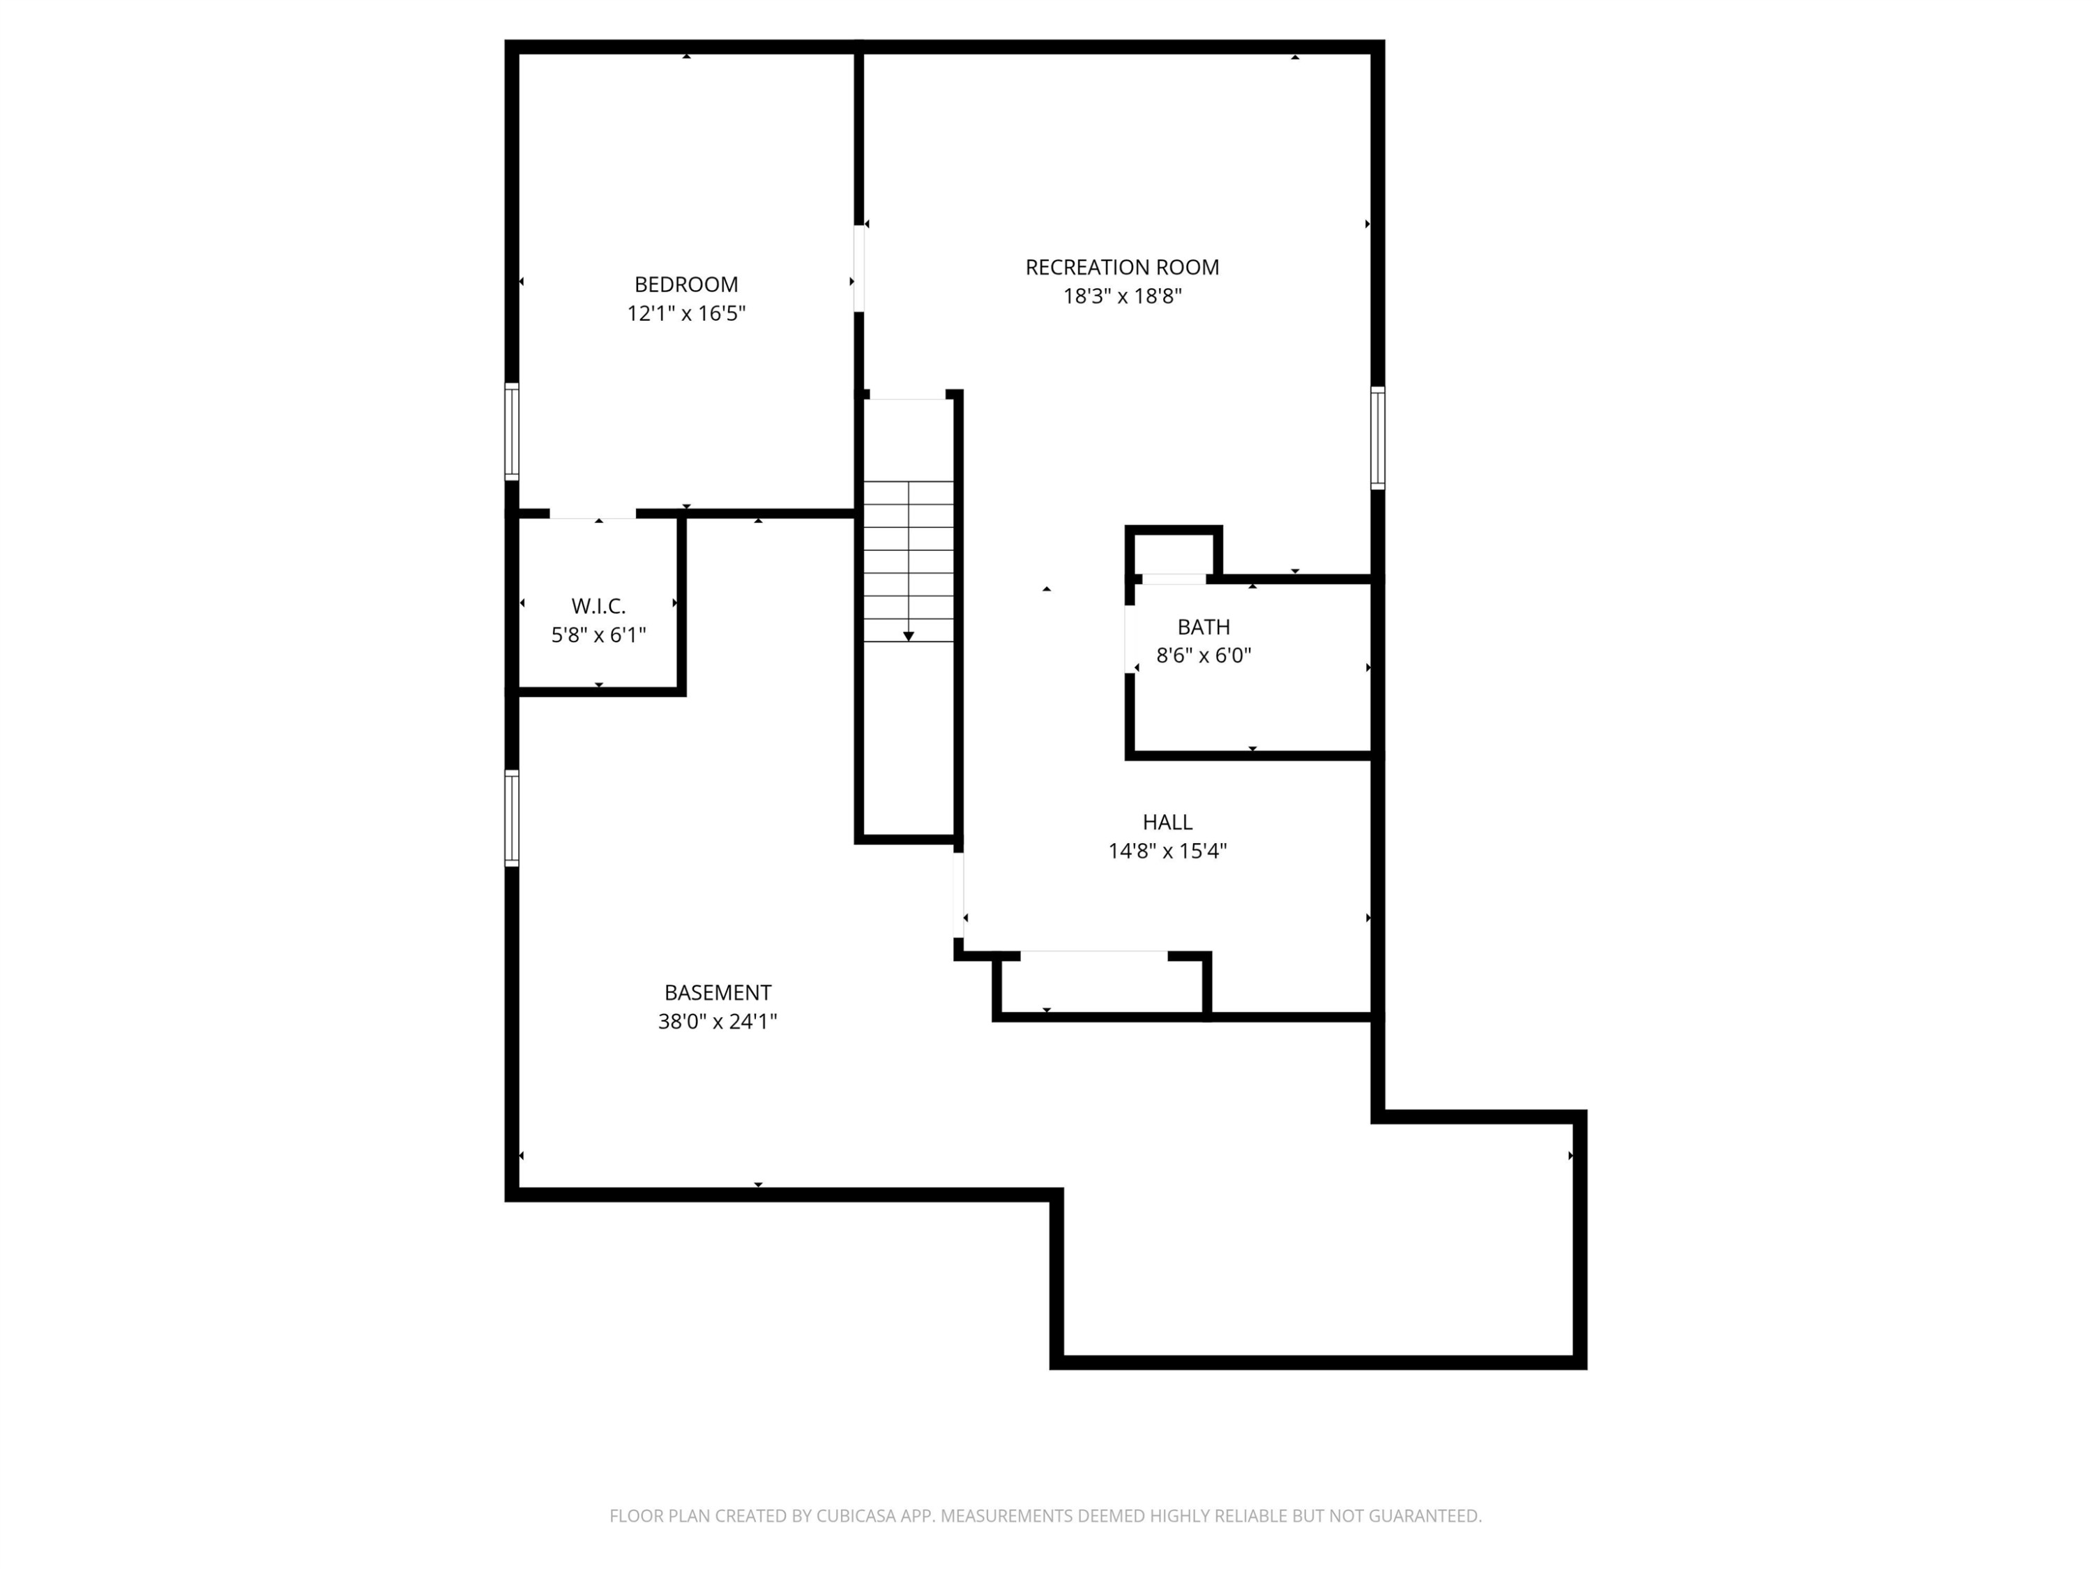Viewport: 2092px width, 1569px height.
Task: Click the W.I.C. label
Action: coord(598,606)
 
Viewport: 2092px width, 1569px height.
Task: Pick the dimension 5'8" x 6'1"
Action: coord(598,635)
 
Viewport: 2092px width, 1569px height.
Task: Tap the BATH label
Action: coord(1203,627)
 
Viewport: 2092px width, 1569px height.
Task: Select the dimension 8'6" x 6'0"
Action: coord(1203,655)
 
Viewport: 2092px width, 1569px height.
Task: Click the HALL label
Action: coord(1167,823)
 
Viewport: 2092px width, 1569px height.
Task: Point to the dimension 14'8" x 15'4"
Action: coord(1167,851)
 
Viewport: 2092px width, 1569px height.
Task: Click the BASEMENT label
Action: coord(717,993)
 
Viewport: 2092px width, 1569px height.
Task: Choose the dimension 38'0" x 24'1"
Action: coord(717,1022)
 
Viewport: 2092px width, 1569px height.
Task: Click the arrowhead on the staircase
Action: coord(908,637)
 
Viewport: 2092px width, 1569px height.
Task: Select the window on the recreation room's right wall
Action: coord(1378,438)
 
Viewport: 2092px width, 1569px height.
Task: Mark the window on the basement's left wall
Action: coord(512,818)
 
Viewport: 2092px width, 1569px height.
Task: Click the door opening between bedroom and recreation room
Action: coord(858,268)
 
